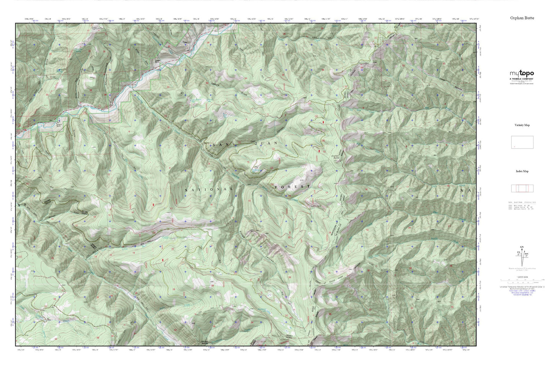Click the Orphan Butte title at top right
click(522, 18)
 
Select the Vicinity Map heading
click(522, 125)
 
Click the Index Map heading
click(522, 171)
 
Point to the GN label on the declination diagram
click(522, 248)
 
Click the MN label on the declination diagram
click(526, 253)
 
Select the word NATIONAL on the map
click(209, 190)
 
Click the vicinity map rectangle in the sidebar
click(522, 142)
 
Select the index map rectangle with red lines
click(522, 188)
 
